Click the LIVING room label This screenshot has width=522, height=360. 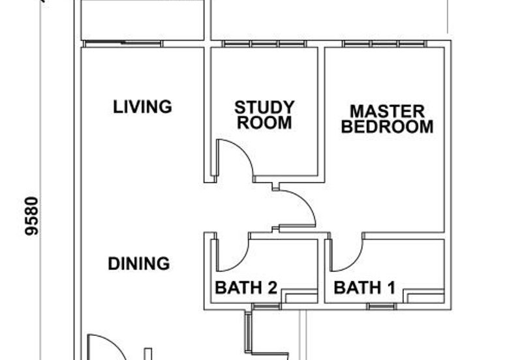pyautogui.click(x=142, y=107)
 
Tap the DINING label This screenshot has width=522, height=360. pyautogui.click(x=139, y=263)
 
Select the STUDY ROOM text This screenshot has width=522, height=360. pyautogui.click(x=264, y=115)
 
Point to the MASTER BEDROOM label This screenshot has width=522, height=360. pyautogui.click(x=387, y=119)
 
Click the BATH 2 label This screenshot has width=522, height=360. pyautogui.click(x=246, y=288)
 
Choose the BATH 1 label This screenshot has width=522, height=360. pyautogui.click(x=365, y=288)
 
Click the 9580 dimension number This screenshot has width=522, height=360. pyautogui.click(x=32, y=217)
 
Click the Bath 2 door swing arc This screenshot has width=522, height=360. pyautogui.click(x=240, y=261)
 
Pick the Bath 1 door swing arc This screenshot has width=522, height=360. pyautogui.click(x=354, y=261)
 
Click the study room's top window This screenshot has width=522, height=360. pyautogui.click(x=264, y=44)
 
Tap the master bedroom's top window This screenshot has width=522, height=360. pyautogui.click(x=384, y=44)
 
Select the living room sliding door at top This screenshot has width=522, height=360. pyautogui.click(x=123, y=44)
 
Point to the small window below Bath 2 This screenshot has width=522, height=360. pyautogui.click(x=266, y=307)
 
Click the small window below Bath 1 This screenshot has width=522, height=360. pyautogui.click(x=382, y=307)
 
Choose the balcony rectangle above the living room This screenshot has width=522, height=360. pyautogui.click(x=142, y=20)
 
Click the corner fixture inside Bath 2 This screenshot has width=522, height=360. pyautogui.click(x=299, y=296)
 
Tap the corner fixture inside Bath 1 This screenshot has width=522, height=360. pyautogui.click(x=424, y=296)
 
